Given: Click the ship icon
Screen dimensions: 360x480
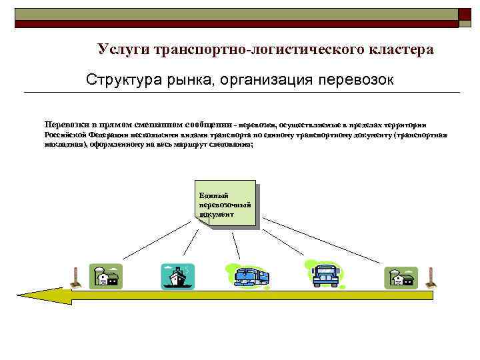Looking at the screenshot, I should click(177, 276).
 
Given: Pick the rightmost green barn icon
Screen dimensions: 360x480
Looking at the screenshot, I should click(401, 276).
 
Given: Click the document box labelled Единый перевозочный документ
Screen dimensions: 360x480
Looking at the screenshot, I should click(225, 204).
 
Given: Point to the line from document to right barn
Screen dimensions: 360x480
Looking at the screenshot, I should click(327, 241).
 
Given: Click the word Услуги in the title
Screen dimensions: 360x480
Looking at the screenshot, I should click(123, 49).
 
